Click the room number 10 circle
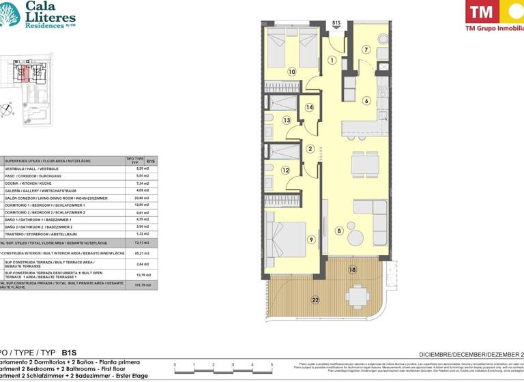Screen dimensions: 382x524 coord(291,71)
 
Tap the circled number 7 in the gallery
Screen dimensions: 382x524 coord(366,49)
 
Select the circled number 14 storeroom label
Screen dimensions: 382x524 coord(309,107)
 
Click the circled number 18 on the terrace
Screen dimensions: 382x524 coord(353,270)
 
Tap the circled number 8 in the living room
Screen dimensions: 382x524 coord(339,231)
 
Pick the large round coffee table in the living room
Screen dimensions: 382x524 coord(356,237)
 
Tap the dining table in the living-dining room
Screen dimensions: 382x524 coord(365,164)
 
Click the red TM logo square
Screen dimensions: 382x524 coord(482,12)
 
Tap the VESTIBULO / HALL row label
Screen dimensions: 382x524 coord(41,168)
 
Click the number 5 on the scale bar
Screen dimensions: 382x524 coord(272,366)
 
